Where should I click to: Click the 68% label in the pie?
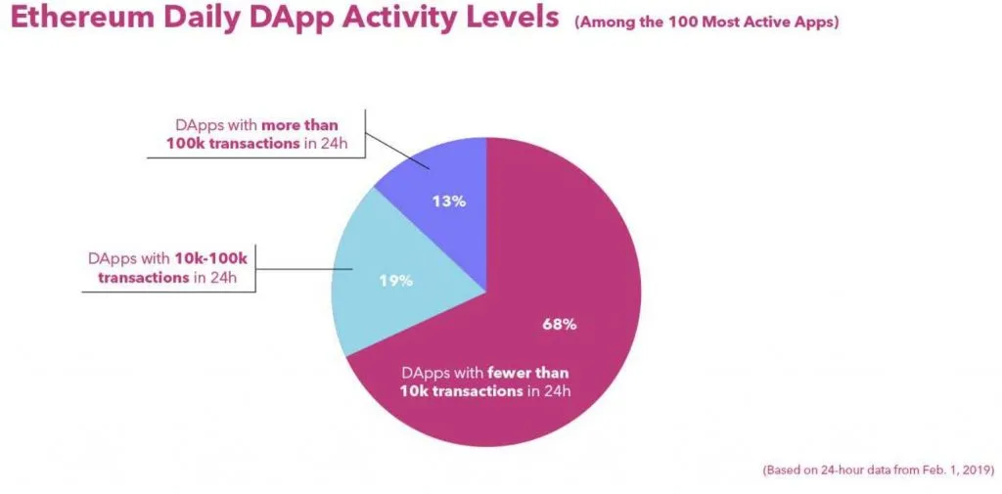coord(560,324)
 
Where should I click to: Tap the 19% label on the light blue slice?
coord(395,281)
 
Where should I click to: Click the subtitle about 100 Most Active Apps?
coord(706,22)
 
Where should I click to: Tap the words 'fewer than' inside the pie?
coord(530,373)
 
